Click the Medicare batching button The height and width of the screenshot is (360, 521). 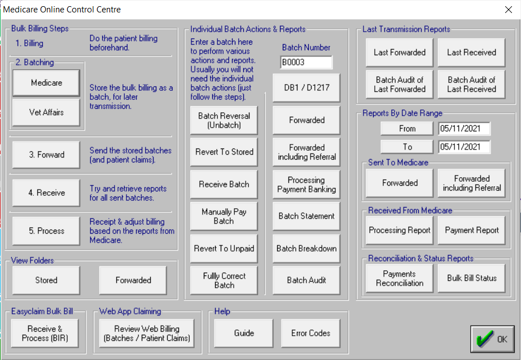click(46, 83)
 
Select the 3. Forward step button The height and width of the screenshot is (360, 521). click(46, 155)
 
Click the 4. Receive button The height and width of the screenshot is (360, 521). click(46, 193)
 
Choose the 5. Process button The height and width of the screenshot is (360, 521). click(46, 231)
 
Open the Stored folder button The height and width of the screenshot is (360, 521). click(46, 280)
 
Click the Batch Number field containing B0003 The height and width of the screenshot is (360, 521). click(306, 62)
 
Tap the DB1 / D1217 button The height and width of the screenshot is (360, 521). click(306, 87)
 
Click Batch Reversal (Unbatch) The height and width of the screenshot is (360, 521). click(224, 120)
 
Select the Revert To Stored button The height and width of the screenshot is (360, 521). click(224, 152)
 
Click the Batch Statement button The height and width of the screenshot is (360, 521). click(306, 216)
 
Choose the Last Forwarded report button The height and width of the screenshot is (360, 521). click(400, 52)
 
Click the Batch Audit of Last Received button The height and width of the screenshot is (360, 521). click(471, 84)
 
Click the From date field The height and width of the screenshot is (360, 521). click(464, 129)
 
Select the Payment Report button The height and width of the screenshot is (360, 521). click(471, 230)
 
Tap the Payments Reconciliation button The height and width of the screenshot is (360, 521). click(400, 278)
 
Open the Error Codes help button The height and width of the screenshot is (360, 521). click(310, 333)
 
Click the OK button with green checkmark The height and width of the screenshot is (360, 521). click(492, 339)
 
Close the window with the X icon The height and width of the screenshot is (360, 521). click(507, 10)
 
